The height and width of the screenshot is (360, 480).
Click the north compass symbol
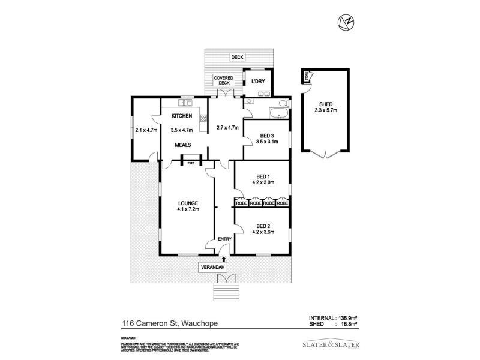pyautogui.click(x=346, y=22)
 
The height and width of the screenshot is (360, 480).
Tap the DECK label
pyautogui.click(x=238, y=58)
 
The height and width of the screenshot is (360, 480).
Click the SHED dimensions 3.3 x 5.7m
pyautogui.click(x=326, y=110)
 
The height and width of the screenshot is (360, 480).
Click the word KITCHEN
pyautogui.click(x=182, y=116)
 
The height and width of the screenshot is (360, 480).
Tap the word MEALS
pyautogui.click(x=183, y=145)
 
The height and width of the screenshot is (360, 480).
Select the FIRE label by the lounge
pyautogui.click(x=191, y=163)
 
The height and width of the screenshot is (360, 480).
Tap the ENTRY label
pyautogui.click(x=224, y=239)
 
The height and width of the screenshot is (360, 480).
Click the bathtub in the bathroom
pyautogui.click(x=280, y=112)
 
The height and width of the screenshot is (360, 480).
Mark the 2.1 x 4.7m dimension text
pyautogui.click(x=146, y=130)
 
